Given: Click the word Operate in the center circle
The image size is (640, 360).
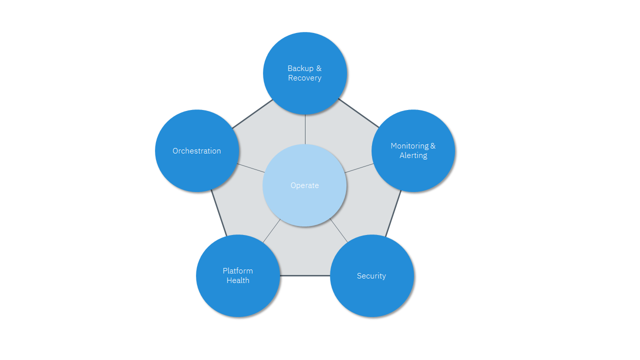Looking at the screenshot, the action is point(304,185).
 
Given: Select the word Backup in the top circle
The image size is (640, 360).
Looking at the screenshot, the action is point(300,68).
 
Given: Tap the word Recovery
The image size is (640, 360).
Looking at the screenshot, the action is point(304,77).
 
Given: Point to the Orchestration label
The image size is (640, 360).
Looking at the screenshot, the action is point(196,151).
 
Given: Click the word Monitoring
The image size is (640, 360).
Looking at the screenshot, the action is point(409,146).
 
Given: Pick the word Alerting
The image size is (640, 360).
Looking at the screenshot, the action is point(413,155).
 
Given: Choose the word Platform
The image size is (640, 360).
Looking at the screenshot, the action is point(237,271).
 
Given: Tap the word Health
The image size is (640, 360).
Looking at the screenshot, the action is point(237,280).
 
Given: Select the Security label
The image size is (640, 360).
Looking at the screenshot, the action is point(371,275).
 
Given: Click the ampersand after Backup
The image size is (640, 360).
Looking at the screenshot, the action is point(319,68).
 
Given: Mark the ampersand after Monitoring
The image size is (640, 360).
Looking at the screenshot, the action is point(433,146).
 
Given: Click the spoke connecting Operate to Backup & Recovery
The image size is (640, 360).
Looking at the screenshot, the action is point(305,129).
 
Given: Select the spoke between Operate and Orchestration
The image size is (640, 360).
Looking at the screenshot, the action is point(251,168).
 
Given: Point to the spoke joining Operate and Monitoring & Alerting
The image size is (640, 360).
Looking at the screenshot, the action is point(359,168).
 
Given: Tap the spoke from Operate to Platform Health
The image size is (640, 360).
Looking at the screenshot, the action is point(271,231).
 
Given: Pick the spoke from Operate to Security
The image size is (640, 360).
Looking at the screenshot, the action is point(338,230).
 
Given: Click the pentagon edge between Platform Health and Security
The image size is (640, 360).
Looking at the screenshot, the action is point(305,275).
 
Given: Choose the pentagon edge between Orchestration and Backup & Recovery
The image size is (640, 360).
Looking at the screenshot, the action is point(252,114).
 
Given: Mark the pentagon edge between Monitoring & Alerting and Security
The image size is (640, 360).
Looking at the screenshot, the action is point(393,213).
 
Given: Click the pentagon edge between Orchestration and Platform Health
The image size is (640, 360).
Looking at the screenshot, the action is point(219,213).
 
